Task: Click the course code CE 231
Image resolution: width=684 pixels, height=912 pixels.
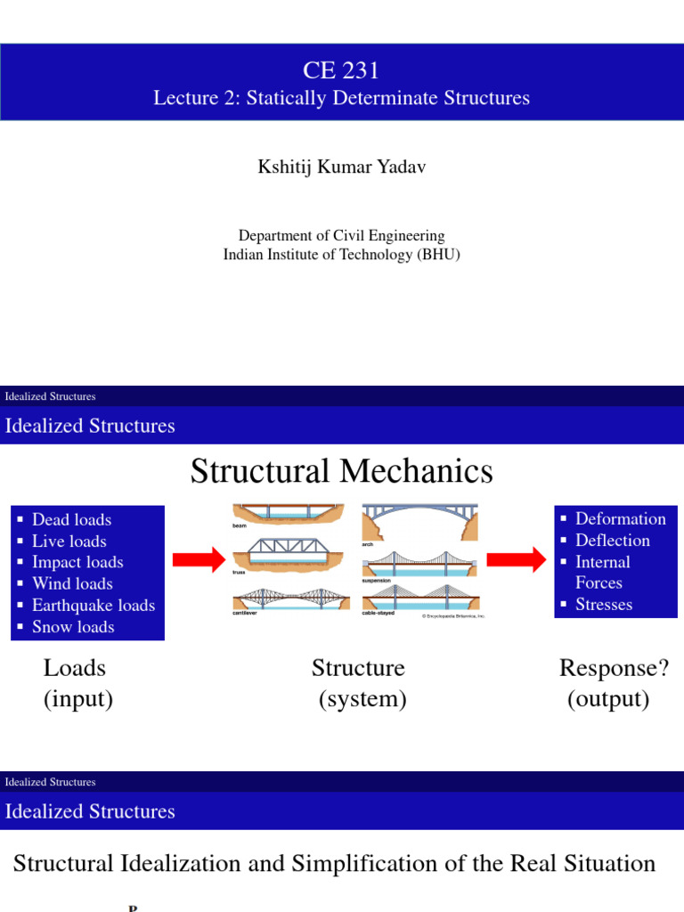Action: [x=341, y=69]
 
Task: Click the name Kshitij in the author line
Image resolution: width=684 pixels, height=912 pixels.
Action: [x=284, y=167]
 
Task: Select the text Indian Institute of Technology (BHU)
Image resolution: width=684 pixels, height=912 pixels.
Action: [x=341, y=255]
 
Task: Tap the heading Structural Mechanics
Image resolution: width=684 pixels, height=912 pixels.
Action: [x=341, y=471]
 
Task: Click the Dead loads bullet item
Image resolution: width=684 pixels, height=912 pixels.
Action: [x=71, y=519]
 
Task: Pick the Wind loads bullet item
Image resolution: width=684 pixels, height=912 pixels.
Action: [x=72, y=583]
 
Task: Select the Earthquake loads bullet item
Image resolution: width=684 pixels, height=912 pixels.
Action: [x=93, y=606]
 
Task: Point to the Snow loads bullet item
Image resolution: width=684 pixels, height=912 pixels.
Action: [x=73, y=627]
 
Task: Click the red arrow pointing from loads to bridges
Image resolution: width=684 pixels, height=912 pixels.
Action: [x=199, y=559]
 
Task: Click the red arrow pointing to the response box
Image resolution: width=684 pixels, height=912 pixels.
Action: [x=518, y=559]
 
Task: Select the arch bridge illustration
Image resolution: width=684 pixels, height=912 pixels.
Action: [x=419, y=522]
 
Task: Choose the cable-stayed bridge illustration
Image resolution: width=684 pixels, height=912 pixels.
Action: [x=419, y=597]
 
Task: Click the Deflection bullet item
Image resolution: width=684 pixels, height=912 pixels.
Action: [x=612, y=541]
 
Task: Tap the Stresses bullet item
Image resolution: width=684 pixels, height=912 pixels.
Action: [x=604, y=605]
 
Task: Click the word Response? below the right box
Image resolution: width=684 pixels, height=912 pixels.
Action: [x=614, y=668]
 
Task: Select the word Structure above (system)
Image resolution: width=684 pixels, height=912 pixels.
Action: [x=358, y=668]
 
